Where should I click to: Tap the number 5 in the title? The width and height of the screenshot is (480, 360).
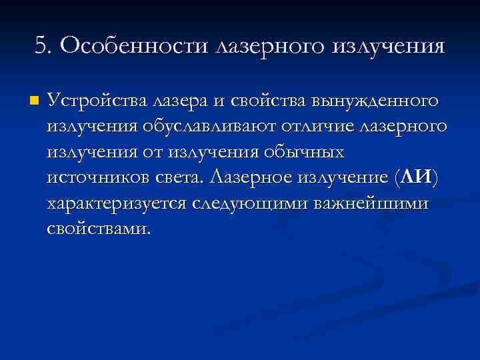click(x=41, y=46)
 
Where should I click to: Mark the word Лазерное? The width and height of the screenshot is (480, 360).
click(x=252, y=178)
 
